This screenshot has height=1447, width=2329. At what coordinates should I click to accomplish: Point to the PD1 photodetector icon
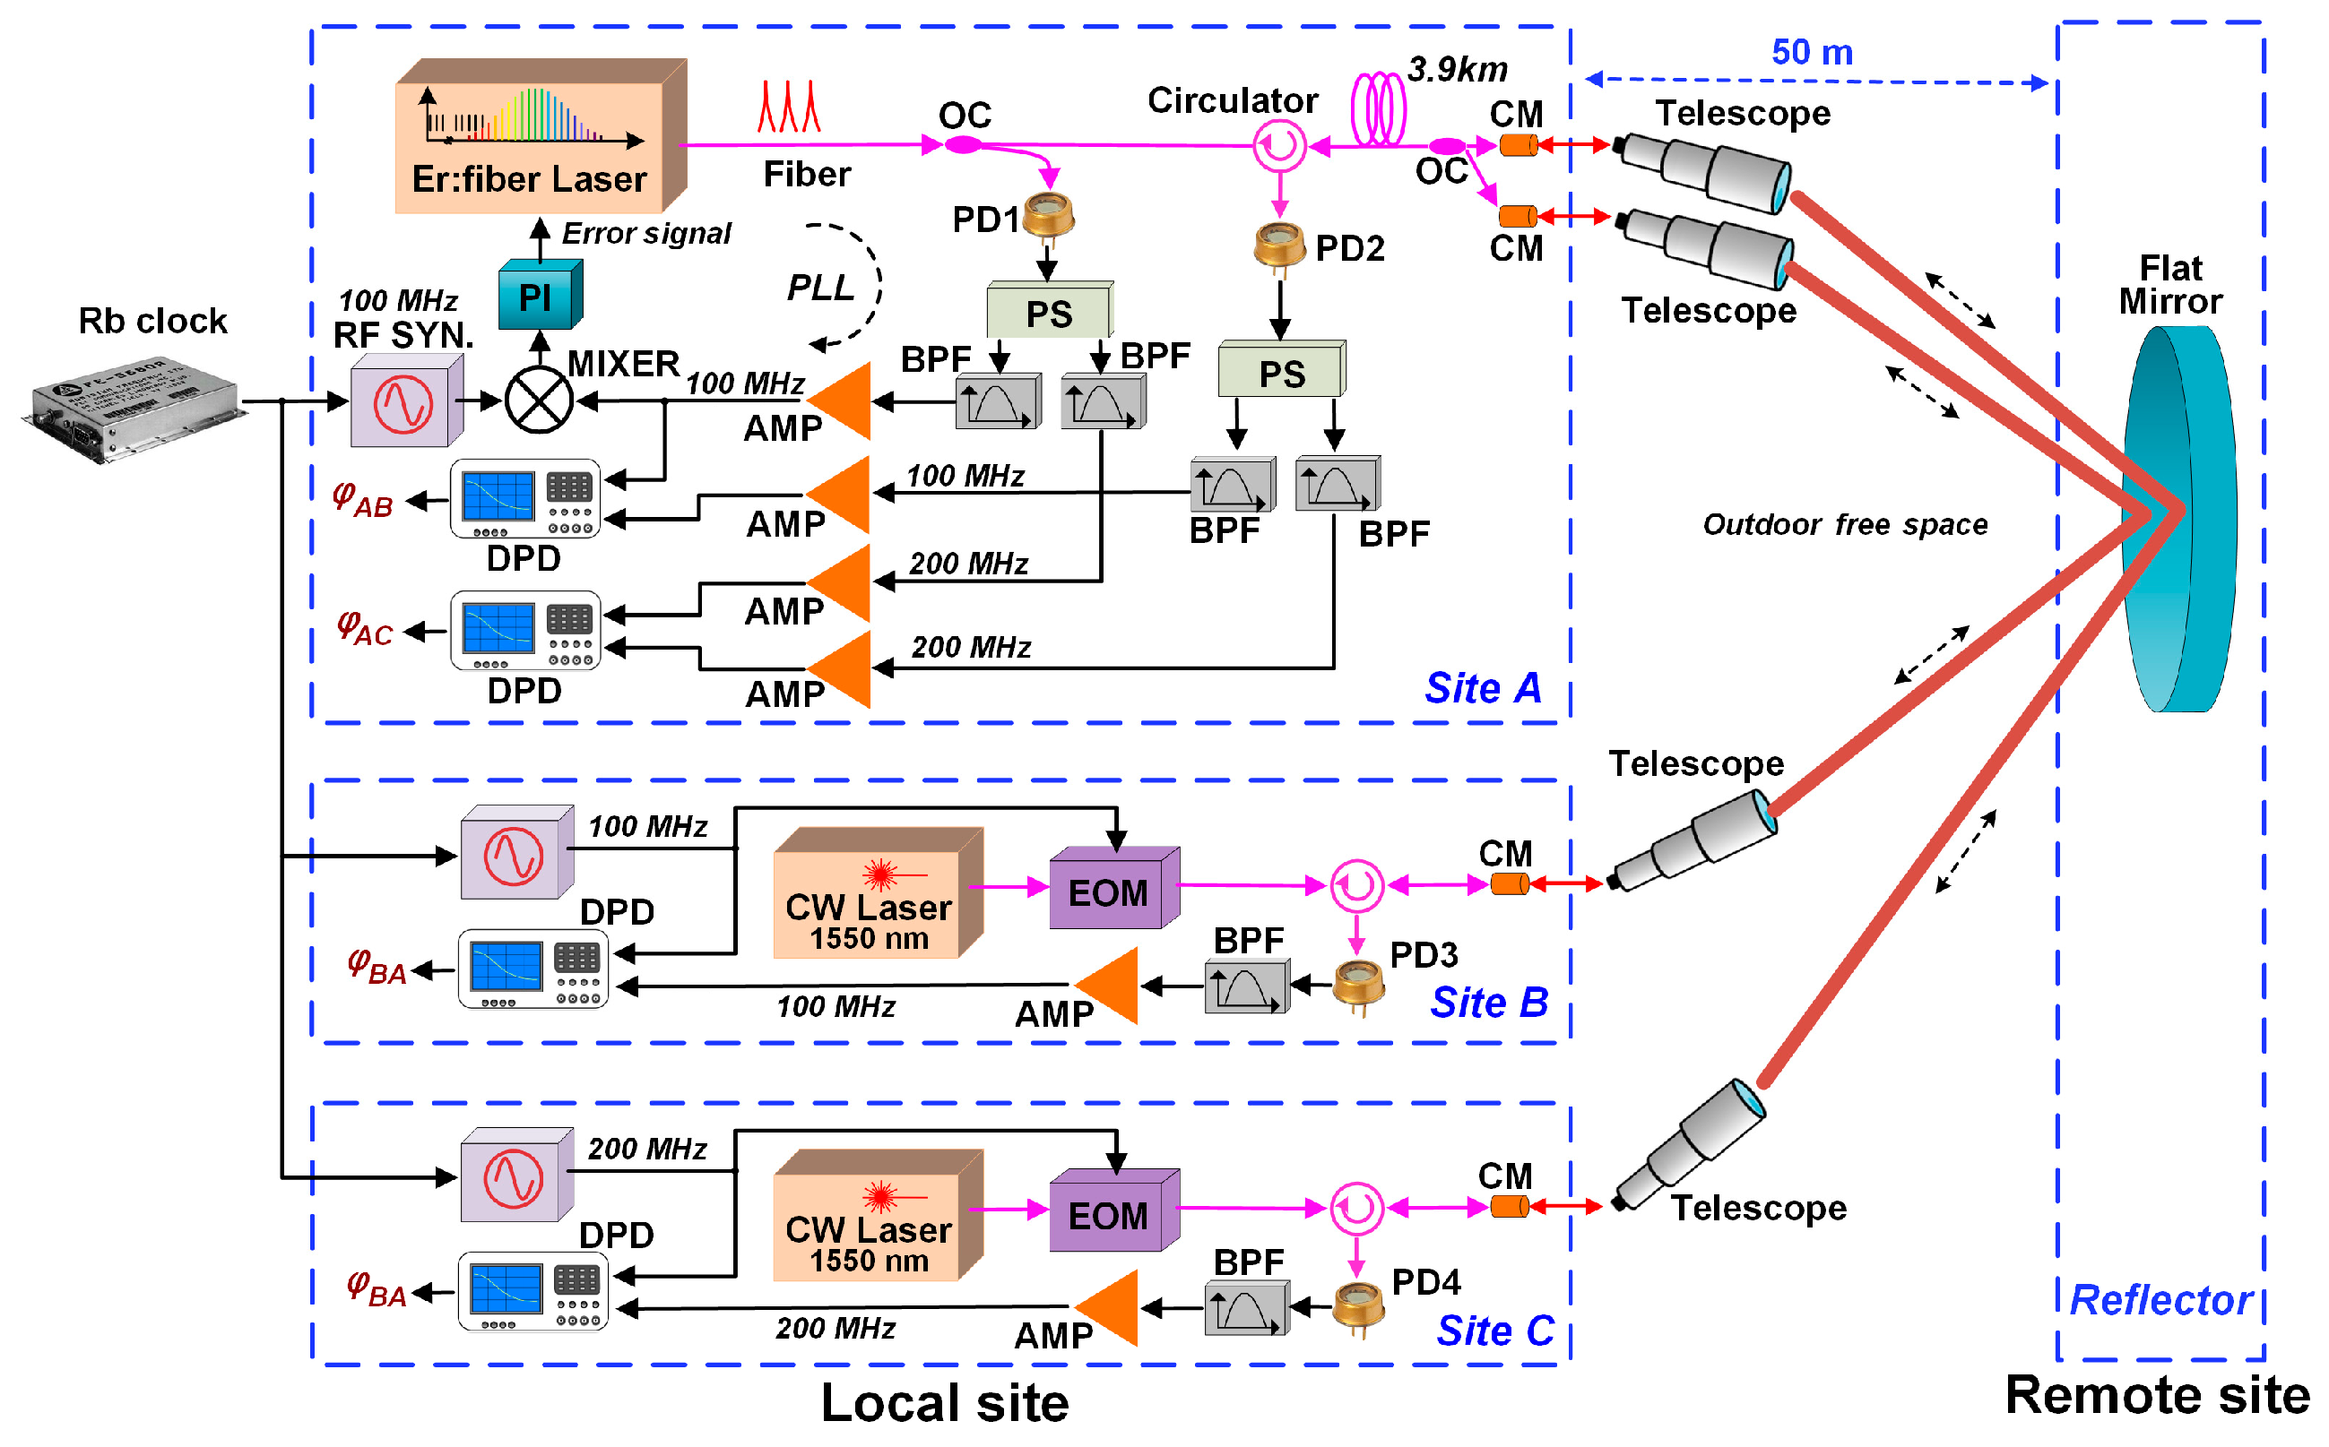[1049, 215]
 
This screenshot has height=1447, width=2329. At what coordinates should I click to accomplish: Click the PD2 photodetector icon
[1281, 245]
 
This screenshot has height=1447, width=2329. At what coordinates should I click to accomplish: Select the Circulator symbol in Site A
[1281, 146]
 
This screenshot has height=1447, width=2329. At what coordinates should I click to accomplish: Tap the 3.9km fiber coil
[1380, 109]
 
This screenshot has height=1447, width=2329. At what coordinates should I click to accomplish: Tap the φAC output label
[367, 631]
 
